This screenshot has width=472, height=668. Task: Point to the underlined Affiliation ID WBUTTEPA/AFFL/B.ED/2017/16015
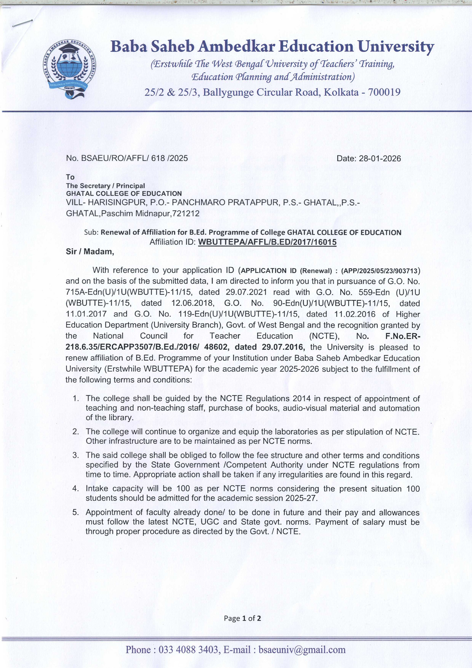[x=267, y=242]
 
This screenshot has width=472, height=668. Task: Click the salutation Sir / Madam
[x=90, y=252]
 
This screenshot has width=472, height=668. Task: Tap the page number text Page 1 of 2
[x=242, y=618]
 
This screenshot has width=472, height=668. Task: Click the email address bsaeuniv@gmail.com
[x=302, y=650]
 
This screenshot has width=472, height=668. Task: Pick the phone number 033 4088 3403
[x=188, y=650]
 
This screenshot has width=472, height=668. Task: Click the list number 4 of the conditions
[x=76, y=489]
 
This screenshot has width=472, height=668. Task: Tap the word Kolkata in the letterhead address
[x=341, y=92]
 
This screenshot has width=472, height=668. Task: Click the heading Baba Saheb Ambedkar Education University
[x=272, y=46]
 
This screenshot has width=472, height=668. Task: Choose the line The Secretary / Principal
[x=105, y=186]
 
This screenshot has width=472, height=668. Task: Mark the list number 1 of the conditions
[x=76, y=399]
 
